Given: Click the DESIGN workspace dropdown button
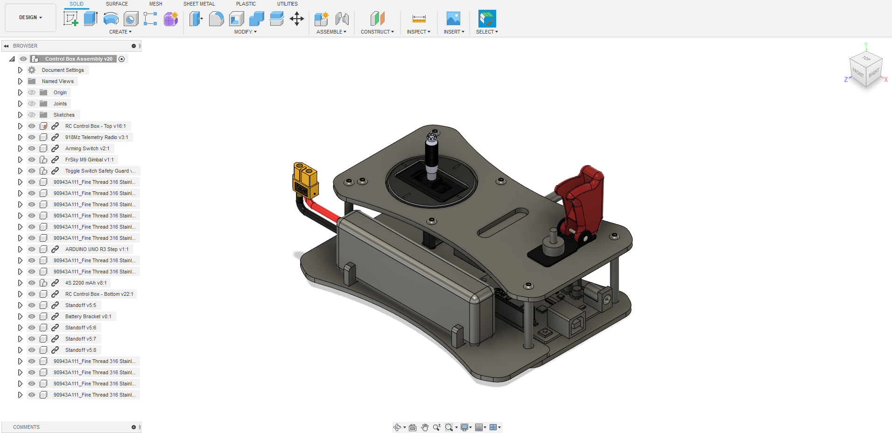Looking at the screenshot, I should [30, 17].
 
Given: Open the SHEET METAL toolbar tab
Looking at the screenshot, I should [199, 4].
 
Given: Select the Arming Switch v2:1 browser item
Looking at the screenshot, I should [87, 148].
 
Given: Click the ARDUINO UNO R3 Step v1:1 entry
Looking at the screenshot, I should [97, 249].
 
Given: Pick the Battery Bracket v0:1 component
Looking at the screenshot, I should [88, 316].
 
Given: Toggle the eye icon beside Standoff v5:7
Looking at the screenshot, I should [32, 339].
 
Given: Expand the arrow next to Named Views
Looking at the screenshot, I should [20, 81].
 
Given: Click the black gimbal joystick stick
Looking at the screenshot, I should [431, 156].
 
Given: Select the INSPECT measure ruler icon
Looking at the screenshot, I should [419, 19].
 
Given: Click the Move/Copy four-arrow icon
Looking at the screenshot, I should [296, 19].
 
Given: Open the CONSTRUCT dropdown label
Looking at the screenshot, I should [377, 32].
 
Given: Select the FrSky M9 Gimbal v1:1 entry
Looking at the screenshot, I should [89, 160].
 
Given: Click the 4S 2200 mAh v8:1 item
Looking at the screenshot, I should [86, 283].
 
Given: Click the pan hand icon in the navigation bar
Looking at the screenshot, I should [424, 427].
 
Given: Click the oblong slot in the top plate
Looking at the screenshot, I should [503, 222].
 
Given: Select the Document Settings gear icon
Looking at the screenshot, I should [32, 70].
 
